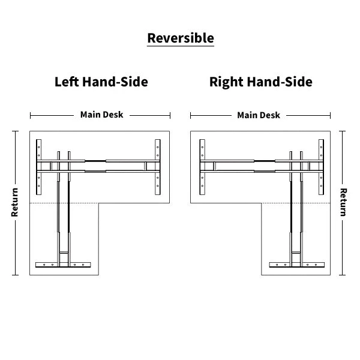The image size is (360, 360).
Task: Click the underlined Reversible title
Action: pyautogui.click(x=180, y=38)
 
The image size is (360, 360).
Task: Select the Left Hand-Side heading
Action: pyautogui.click(x=101, y=82)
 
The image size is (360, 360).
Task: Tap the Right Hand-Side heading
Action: pyautogui.click(x=260, y=82)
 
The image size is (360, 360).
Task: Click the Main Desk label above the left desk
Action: pyautogui.click(x=101, y=115)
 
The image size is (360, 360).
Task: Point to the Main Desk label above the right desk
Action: pyautogui.click(x=259, y=115)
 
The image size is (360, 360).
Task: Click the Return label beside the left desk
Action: pyautogui.click(x=15, y=203)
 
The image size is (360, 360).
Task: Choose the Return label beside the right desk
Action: pyautogui.click(x=344, y=202)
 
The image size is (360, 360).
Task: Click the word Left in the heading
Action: pyautogui.click(x=66, y=82)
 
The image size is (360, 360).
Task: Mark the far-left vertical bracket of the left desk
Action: pyautogui.click(x=40, y=167)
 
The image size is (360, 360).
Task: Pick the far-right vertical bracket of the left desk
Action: pyautogui.click(x=158, y=167)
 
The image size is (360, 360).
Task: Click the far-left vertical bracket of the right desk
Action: pyautogui.click(x=202, y=167)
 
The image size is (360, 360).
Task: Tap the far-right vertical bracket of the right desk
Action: pyautogui.click(x=320, y=167)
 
